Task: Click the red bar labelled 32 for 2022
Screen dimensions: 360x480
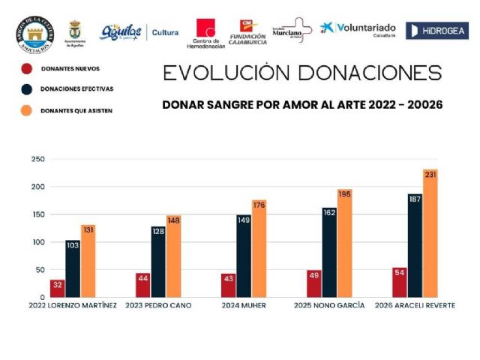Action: pos(57,288)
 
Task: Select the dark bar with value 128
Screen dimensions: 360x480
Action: pos(158,262)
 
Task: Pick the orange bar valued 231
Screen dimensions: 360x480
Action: pos(430,233)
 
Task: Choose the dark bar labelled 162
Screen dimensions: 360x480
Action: pos(329,252)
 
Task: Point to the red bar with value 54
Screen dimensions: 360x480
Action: pos(399,282)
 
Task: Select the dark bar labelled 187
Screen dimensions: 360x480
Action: pos(415,245)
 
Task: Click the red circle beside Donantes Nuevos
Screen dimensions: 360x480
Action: pos(27,69)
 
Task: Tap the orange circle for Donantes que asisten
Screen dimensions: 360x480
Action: pos(27,109)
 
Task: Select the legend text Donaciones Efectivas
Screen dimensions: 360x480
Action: pos(77,89)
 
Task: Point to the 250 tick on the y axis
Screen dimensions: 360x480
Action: pos(37,159)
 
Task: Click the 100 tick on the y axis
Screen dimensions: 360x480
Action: pos(37,242)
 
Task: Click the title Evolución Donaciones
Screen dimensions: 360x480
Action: pos(302,73)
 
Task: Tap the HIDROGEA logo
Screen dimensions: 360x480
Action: pos(436,31)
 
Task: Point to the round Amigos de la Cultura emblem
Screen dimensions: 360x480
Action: pos(35,33)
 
